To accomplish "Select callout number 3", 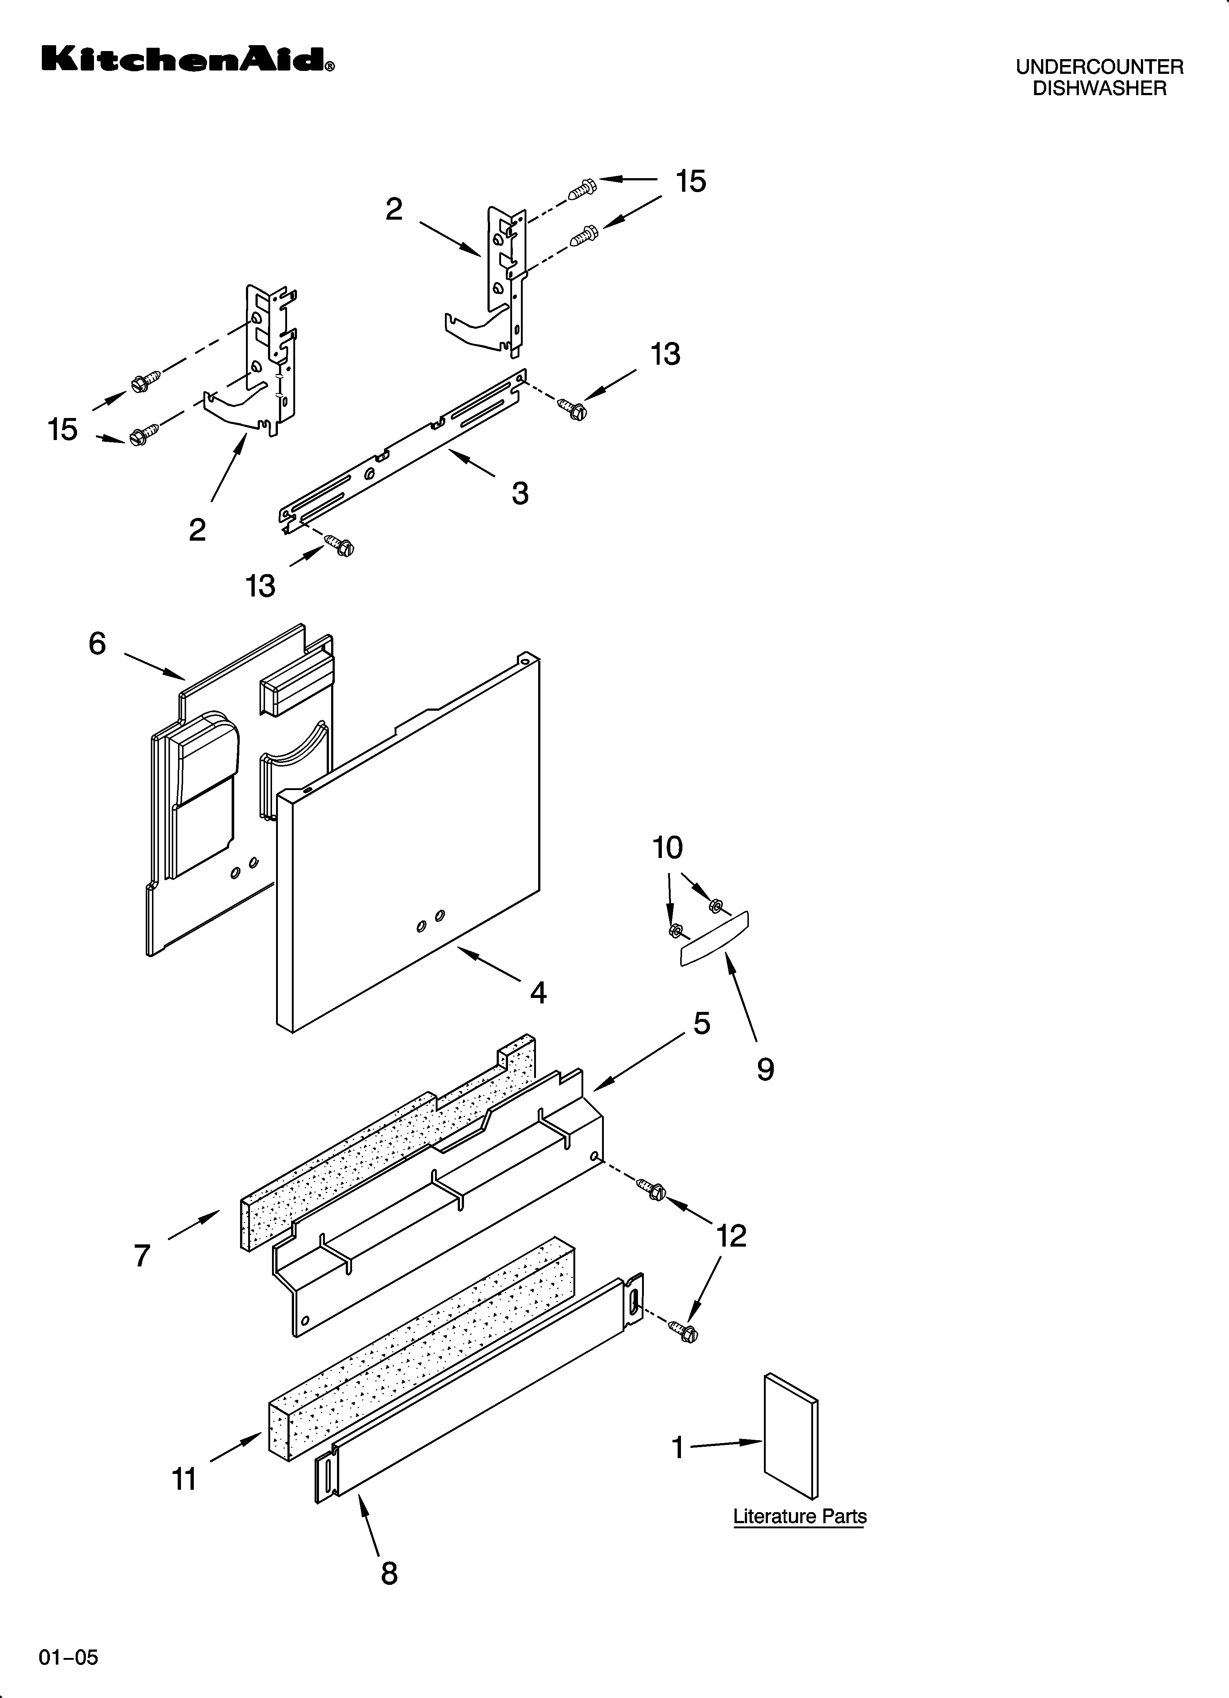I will coord(520,493).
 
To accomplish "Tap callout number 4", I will coord(538,993).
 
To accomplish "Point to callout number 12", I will coord(731,1236).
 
